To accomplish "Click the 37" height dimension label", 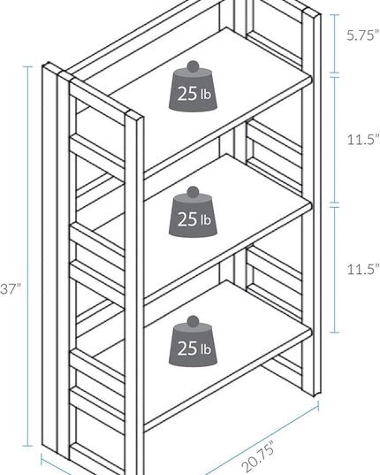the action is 11,288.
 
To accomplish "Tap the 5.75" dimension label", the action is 362,35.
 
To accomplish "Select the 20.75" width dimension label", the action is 258,456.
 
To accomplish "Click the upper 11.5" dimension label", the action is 362,140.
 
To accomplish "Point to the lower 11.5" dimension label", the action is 362,269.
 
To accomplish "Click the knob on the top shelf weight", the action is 193,66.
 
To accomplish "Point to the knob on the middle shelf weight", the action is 193,192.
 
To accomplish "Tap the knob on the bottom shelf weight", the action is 193,321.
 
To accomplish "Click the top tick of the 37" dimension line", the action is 27,66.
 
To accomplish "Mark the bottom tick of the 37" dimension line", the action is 27,446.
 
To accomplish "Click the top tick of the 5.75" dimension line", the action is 334,14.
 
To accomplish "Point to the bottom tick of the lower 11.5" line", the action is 334,333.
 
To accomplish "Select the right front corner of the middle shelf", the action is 311,206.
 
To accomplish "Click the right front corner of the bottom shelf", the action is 311,333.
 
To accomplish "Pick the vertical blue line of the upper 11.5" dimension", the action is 334,140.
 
